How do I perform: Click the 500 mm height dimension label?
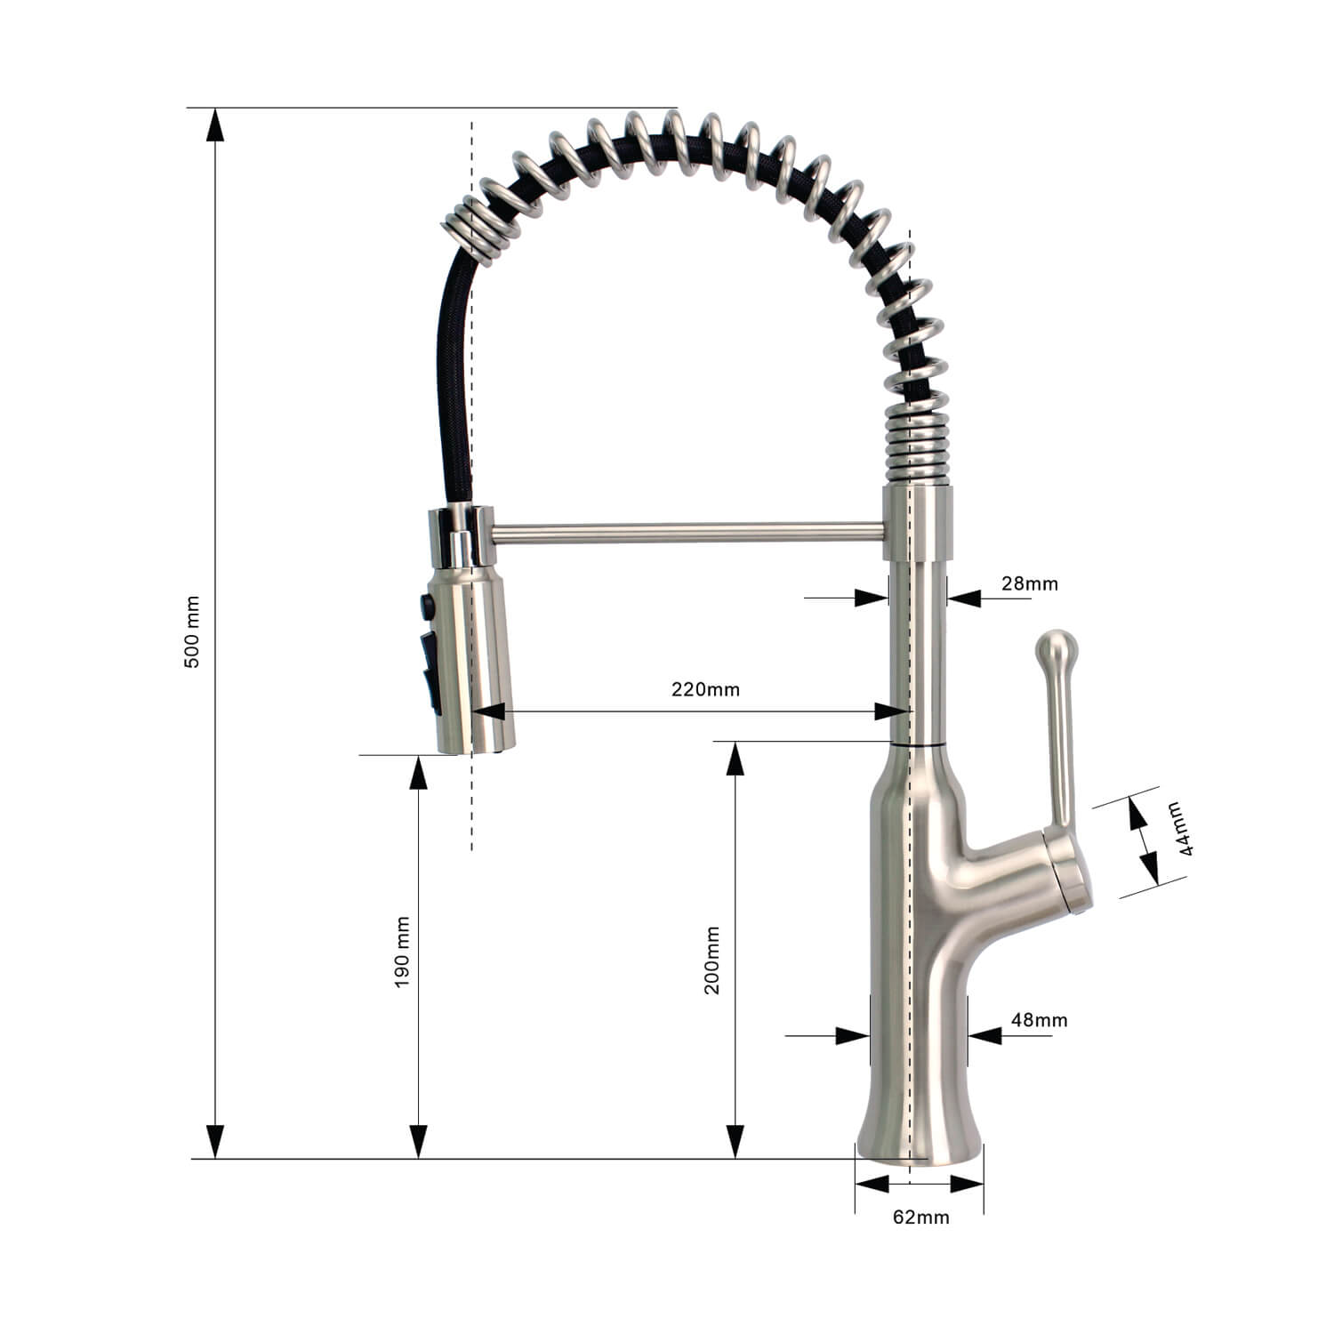[x=193, y=632]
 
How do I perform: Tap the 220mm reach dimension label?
[x=705, y=689]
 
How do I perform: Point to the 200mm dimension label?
[x=712, y=960]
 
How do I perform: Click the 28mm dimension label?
[x=1030, y=583]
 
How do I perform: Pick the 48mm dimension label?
[x=1039, y=1019]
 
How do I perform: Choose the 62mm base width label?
[x=921, y=1217]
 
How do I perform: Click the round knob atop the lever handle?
[x=1057, y=647]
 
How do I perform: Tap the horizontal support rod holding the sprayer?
[x=687, y=533]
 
